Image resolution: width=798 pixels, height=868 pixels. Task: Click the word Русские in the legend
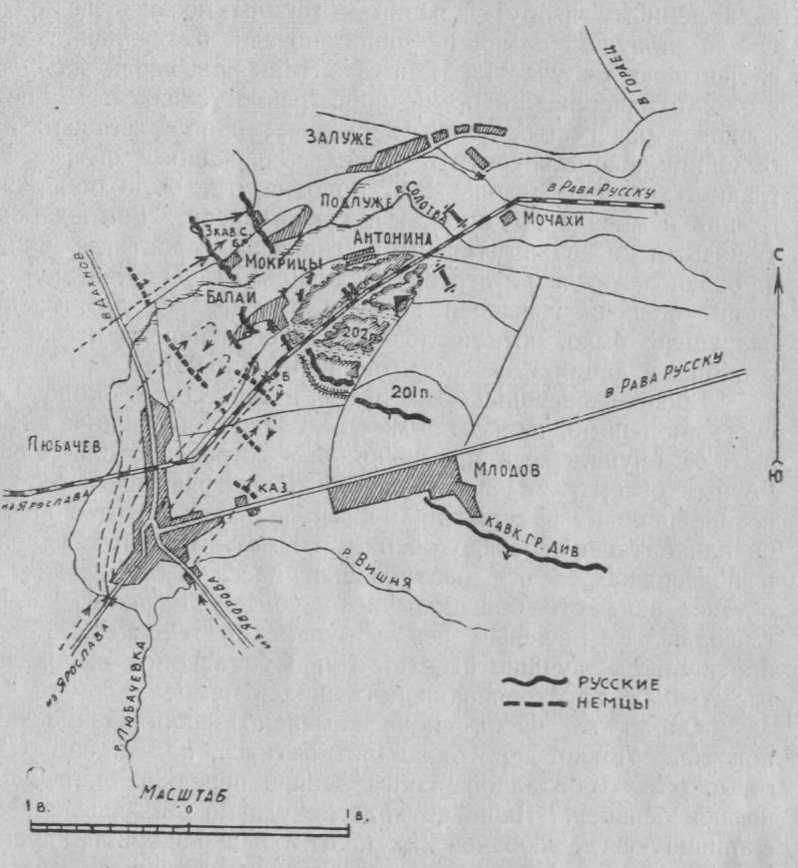point(613,684)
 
